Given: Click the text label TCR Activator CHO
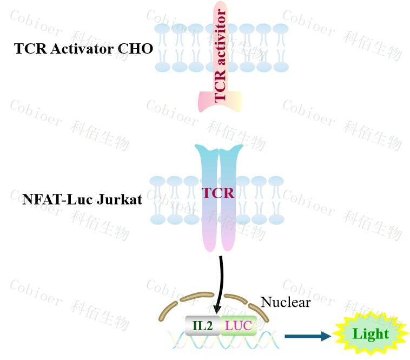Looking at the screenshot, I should (x=84, y=49).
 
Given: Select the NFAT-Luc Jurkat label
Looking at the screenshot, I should (x=82, y=200).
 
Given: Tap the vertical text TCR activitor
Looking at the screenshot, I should (x=220, y=56).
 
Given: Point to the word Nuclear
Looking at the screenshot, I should (x=286, y=302).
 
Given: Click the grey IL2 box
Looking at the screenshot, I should (x=202, y=325).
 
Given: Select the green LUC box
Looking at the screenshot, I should (x=238, y=325).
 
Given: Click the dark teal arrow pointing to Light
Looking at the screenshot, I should (x=307, y=337).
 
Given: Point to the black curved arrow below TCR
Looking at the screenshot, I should (x=220, y=282).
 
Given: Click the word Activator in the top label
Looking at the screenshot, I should (x=77, y=49).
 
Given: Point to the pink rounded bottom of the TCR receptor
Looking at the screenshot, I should (x=219, y=244).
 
